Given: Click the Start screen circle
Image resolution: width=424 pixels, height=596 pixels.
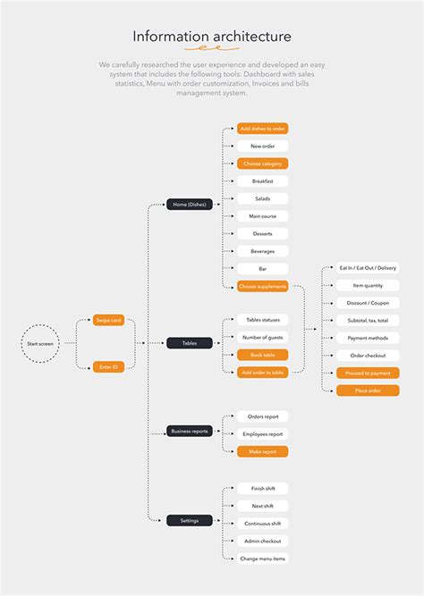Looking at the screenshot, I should pos(40,343).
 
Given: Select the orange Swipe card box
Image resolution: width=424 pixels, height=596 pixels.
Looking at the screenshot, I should pos(108,320).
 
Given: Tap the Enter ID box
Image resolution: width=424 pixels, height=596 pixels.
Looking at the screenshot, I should pos(108,366).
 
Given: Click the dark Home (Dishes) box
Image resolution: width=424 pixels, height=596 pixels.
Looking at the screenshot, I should pos(189,204).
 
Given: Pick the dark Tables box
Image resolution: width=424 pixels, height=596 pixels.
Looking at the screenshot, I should pos(189,343).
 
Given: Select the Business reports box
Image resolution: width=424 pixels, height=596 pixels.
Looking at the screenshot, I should pos(189,431).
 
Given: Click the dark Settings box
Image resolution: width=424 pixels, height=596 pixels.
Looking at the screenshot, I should pos(189,520).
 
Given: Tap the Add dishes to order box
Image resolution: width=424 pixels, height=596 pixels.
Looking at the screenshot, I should pos(262,129).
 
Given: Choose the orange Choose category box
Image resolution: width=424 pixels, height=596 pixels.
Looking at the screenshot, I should pos(262,164).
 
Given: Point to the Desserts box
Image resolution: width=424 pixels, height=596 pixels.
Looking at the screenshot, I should pos(262,234).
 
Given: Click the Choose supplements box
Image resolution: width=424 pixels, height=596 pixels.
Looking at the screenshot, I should pos(262,286).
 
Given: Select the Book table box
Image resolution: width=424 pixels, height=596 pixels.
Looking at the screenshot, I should pos(262,355).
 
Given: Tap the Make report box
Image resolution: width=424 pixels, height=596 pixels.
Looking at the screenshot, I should pos(262,451).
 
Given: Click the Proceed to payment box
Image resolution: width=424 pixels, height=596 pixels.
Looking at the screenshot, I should pos(368,373).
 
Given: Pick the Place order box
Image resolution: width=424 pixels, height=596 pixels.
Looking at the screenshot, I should pos(368,390).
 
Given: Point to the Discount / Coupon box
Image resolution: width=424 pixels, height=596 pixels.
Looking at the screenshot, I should pos(368,303).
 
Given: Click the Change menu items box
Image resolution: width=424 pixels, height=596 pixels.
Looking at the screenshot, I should pos(262,558).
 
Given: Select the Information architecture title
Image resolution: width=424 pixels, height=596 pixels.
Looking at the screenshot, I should pos(212,37).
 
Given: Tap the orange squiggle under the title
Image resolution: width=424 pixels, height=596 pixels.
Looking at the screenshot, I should pos(212,50).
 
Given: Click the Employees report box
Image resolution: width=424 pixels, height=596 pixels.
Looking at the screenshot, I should pos(262,434).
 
